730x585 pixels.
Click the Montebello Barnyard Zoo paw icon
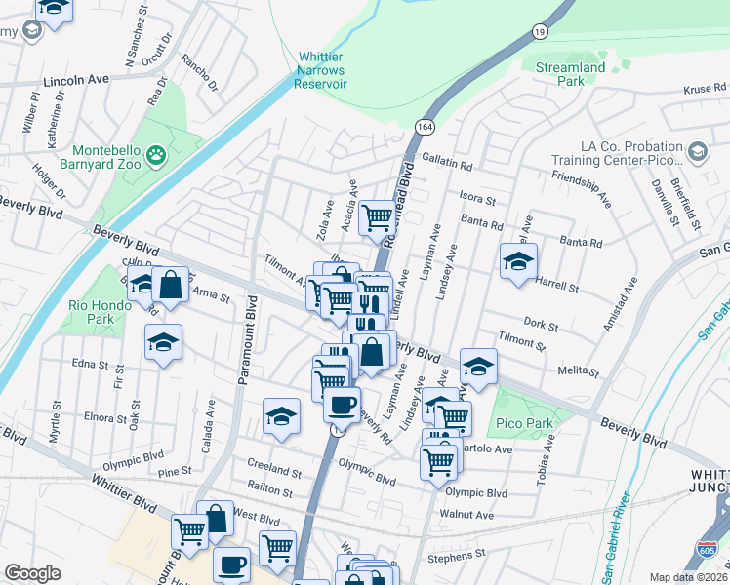pos(154,153)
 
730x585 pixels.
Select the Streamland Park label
pos(571,74)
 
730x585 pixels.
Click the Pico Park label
pos(525,423)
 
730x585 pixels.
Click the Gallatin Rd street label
pos(446,167)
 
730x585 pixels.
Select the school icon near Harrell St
pos(518,260)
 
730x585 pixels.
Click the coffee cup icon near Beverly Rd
pos(342,404)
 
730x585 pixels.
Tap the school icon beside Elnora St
pos(281,416)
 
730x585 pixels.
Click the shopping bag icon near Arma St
pos(170,286)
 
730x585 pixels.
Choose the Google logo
pos(32,573)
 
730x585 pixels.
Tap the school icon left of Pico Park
pos(478,367)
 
